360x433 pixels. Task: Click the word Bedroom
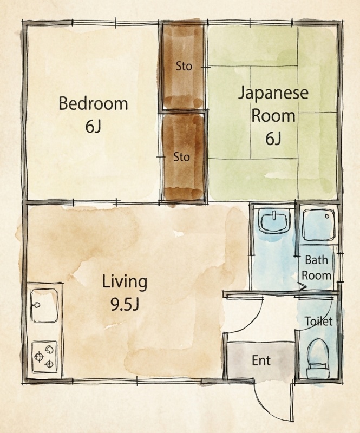point(93,103)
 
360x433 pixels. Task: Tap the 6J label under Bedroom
point(93,127)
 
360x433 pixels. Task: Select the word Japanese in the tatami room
point(273,94)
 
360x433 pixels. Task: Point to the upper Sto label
point(184,66)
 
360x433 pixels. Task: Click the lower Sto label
point(181,157)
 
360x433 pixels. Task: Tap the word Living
point(125,282)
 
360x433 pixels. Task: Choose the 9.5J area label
point(125,304)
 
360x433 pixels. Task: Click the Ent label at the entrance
point(261,360)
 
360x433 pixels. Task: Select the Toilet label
point(318,321)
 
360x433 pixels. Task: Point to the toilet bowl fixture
point(318,359)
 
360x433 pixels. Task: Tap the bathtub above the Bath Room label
point(319,225)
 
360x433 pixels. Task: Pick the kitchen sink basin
point(44,305)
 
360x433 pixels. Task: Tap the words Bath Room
point(317,267)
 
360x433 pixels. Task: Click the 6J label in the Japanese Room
point(273,139)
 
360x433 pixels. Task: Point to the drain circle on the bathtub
point(328,216)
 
